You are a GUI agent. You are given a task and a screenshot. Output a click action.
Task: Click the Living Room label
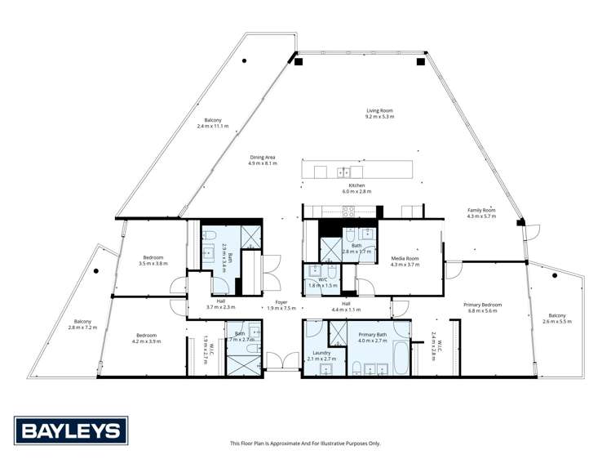click(x=379, y=110)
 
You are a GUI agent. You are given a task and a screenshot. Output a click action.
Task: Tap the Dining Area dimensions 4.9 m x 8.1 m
click(x=263, y=163)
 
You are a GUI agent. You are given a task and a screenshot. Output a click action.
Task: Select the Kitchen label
click(x=357, y=185)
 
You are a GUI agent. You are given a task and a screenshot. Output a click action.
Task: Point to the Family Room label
click(x=480, y=210)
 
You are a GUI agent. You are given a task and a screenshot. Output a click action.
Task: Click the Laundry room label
click(x=321, y=353)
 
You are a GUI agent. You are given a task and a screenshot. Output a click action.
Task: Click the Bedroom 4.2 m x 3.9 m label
click(x=147, y=335)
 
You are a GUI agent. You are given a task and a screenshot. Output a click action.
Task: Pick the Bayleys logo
click(x=70, y=430)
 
